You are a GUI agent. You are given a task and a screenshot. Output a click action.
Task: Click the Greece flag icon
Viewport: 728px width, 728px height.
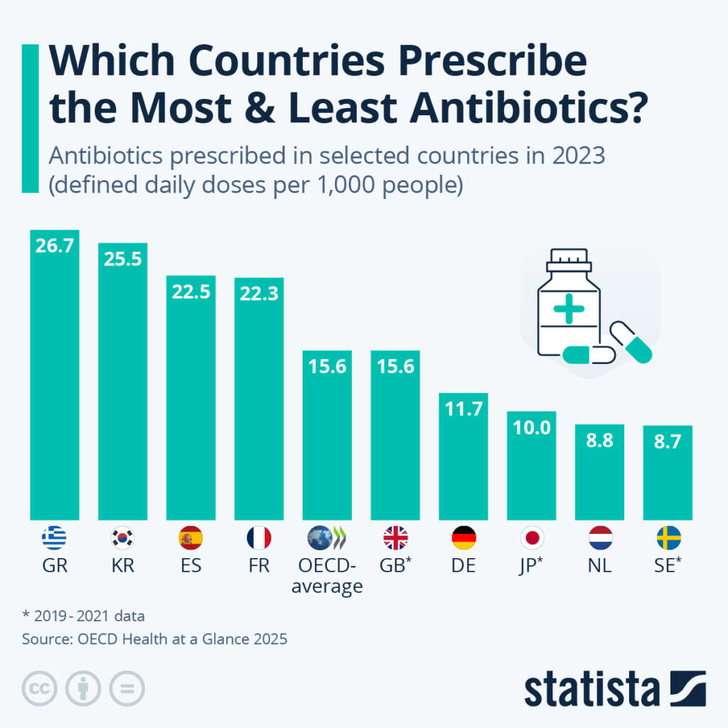tap(54, 538)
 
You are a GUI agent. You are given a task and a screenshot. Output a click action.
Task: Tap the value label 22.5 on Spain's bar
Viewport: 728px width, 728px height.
tap(191, 291)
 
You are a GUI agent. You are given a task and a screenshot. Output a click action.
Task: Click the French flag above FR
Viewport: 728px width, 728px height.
tap(259, 538)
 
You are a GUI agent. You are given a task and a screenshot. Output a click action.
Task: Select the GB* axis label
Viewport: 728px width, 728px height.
tap(395, 567)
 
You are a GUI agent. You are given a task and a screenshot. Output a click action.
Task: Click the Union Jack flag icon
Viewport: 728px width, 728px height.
tap(395, 538)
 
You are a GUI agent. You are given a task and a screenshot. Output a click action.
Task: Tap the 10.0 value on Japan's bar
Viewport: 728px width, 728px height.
tap(532, 427)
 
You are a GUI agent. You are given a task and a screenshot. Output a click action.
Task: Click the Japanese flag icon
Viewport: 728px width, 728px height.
tap(532, 538)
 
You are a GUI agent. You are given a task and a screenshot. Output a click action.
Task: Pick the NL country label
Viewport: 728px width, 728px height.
tap(600, 567)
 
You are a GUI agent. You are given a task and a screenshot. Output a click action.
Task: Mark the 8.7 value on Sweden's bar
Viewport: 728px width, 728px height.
tap(668, 441)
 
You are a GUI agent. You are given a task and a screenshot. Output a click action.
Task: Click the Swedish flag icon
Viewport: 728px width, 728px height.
tap(668, 538)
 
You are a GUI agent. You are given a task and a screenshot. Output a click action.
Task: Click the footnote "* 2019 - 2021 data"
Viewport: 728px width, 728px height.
tap(83, 616)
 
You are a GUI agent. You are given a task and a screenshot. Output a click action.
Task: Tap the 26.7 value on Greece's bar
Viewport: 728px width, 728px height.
tap(54, 245)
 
